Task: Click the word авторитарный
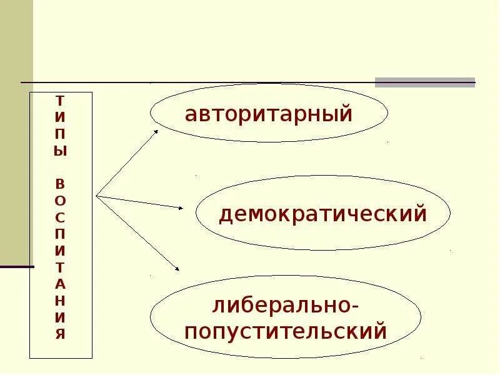click(269, 114)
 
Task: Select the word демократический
click(322, 214)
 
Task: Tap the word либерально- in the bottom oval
click(286, 307)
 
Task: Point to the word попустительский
click(286, 331)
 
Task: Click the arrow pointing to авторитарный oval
click(128, 162)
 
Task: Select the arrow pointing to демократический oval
click(140, 202)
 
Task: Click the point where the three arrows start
click(96, 196)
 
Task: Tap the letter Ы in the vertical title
click(60, 151)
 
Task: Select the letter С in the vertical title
click(60, 217)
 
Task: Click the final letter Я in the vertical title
click(60, 333)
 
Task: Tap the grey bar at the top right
click(424, 82)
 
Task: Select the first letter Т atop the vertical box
click(60, 100)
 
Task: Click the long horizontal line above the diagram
click(200, 82)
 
